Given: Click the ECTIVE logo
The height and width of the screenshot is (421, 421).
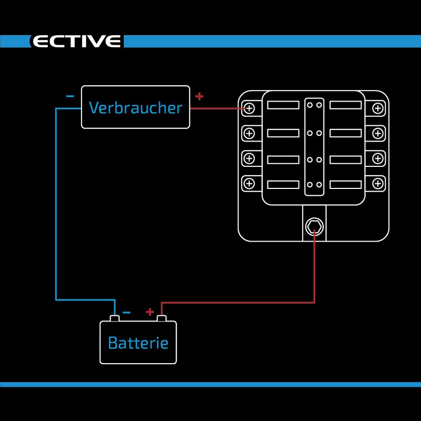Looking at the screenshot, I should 76,42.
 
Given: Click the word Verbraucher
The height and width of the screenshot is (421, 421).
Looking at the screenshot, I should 135,107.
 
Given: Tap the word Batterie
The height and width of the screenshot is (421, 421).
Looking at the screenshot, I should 138,343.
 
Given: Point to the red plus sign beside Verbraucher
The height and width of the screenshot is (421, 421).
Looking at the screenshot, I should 199,96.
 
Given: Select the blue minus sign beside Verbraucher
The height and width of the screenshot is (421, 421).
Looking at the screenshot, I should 70,96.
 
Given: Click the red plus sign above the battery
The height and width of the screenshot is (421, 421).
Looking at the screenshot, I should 150,312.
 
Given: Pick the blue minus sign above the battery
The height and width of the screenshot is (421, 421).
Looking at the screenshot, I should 126,312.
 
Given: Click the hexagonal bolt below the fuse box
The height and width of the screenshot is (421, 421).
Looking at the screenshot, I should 314,226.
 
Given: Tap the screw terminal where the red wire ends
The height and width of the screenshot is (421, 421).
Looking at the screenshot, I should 249,108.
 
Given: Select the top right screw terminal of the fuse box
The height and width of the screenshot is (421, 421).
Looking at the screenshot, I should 377,108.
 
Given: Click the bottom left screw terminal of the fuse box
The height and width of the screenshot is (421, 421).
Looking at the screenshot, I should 249,184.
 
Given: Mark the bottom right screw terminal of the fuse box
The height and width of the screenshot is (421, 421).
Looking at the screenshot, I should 377,184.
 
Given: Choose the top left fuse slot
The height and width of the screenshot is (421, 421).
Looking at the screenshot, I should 283,105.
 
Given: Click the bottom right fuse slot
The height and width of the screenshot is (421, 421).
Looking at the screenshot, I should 346,185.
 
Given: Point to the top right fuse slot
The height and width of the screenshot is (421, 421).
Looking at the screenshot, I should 346,105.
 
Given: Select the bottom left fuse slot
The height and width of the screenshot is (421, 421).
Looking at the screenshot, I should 283,185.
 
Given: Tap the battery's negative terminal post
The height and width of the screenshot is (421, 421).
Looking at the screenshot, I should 115,318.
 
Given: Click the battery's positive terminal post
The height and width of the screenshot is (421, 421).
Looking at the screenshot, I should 162,318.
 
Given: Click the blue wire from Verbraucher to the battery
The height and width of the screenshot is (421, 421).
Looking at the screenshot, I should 56,210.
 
